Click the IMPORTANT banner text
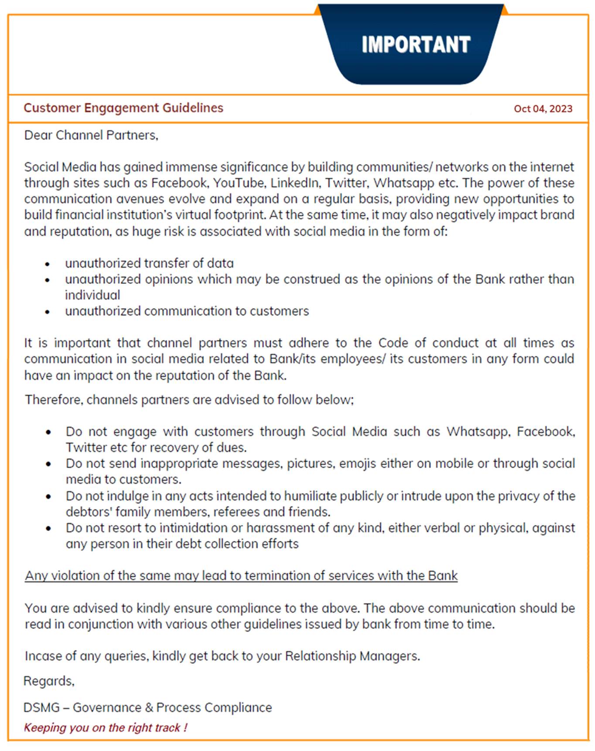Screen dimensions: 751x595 tap(416, 44)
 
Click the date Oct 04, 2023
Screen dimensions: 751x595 tap(543, 109)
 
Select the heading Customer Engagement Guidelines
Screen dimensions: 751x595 tap(123, 108)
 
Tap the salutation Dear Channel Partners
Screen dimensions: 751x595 tap(91, 135)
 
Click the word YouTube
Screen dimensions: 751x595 tap(238, 183)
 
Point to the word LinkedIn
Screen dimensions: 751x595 tap(295, 183)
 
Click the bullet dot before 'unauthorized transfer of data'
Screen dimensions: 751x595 tap(48, 264)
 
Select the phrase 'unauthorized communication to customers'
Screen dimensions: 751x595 tap(187, 311)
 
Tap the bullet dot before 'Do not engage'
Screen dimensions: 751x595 tap(48, 432)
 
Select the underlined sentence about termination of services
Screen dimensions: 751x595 tap(241, 576)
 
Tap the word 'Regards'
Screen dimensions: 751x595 tap(48, 681)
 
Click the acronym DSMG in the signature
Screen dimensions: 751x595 tap(41, 707)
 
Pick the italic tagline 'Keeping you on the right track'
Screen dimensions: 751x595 tap(105, 728)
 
